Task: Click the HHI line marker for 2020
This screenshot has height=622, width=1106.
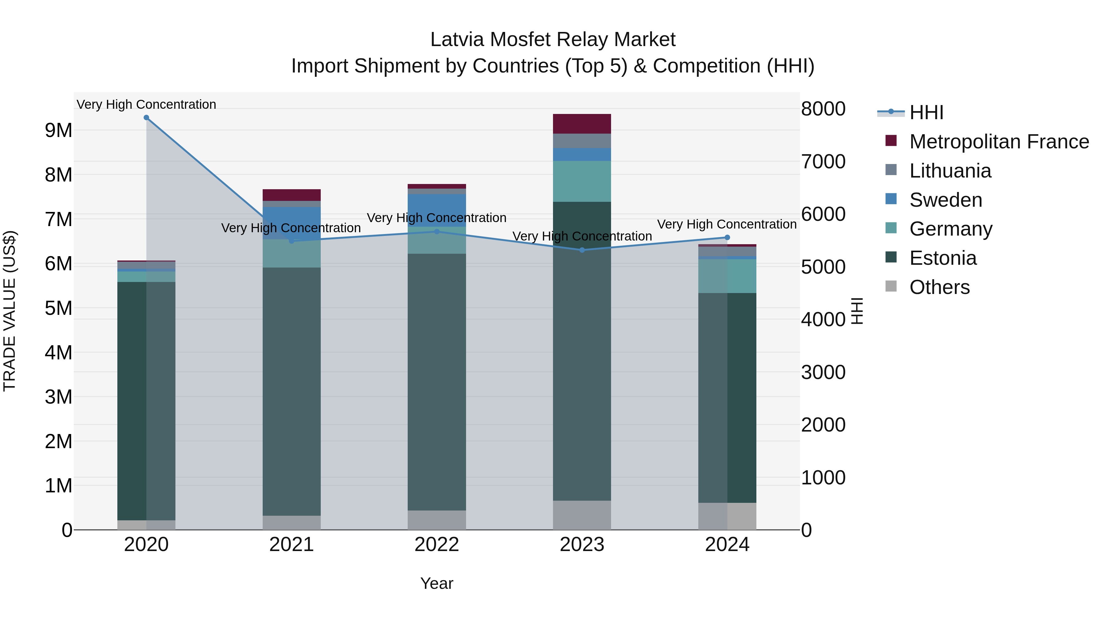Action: click(147, 118)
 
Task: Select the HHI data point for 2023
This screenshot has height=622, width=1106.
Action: click(582, 250)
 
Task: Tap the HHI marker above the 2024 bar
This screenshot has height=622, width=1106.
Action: click(727, 237)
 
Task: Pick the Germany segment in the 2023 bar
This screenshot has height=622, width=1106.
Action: click(582, 181)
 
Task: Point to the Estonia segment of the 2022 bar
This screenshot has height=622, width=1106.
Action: click(437, 382)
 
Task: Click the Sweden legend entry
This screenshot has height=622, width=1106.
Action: click(945, 200)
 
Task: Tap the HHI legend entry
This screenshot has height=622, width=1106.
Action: click(926, 112)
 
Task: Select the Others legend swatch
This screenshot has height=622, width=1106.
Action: click(891, 286)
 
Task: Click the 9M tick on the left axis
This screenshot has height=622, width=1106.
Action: click(59, 130)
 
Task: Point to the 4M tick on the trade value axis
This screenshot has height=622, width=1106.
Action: click(59, 352)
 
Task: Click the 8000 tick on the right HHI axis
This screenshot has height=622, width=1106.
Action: click(823, 109)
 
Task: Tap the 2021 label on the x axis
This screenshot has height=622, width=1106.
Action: click(292, 545)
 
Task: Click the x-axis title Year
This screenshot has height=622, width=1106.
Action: click(437, 583)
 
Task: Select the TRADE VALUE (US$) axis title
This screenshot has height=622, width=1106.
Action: click(10, 311)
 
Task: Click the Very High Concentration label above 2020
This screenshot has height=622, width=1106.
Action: click(147, 104)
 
